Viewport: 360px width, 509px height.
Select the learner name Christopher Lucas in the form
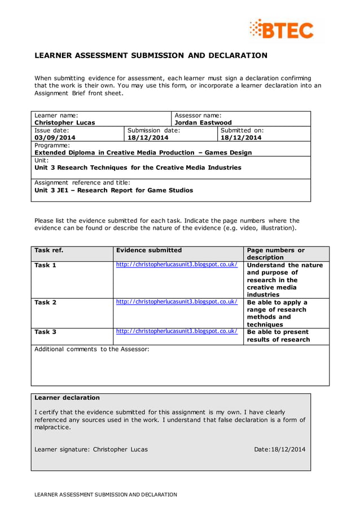pos(65,122)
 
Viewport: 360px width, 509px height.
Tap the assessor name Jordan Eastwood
pos(203,122)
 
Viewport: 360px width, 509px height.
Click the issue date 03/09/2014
pos(55,137)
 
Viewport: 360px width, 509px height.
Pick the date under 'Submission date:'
pos(148,137)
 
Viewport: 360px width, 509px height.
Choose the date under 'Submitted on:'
pos(241,137)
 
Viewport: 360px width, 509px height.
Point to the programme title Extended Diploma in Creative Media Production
pos(143,152)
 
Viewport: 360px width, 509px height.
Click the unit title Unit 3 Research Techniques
pos(138,168)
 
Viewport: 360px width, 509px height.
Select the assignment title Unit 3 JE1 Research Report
pos(113,190)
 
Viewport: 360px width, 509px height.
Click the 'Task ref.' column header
pos(49,250)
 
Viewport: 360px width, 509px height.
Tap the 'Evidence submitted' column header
pos(149,250)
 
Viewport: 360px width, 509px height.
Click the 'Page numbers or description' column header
pos(276,254)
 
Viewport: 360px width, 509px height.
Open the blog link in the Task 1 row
pos(177,265)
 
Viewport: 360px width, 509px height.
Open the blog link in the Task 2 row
pos(177,302)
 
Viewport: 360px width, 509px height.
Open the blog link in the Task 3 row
pos(177,332)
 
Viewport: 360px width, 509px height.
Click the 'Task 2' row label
pos(46,302)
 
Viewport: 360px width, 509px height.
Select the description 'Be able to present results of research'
pos(278,336)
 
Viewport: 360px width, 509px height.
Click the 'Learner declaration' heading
pos(67,398)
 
